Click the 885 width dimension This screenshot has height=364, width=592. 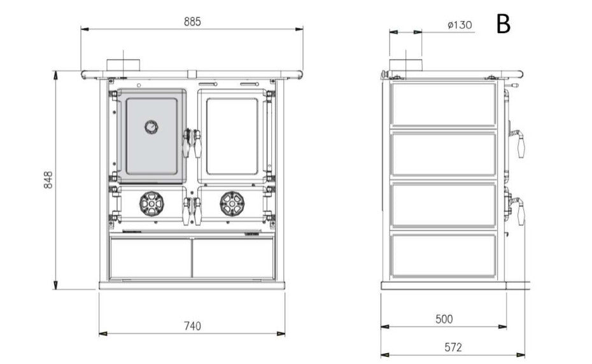click(x=192, y=22)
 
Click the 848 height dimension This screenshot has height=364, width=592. click(x=48, y=179)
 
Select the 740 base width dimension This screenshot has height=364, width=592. click(x=192, y=325)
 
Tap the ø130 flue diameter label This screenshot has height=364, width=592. click(x=460, y=25)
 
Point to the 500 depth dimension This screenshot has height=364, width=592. click(x=444, y=319)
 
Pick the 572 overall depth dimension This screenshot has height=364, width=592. click(x=453, y=347)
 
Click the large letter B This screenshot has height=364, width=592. click(x=504, y=24)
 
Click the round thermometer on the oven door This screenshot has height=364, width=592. click(x=152, y=127)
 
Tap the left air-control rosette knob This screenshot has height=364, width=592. click(x=152, y=204)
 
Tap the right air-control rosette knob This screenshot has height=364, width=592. click(x=232, y=204)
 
